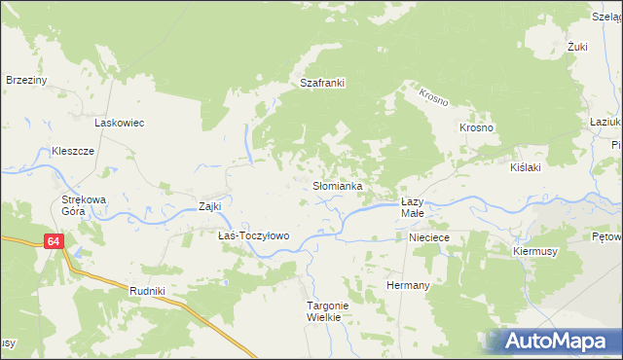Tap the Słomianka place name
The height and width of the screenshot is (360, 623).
(338, 185)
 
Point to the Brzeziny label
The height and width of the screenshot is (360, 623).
(27, 80)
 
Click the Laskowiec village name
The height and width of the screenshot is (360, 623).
(119, 124)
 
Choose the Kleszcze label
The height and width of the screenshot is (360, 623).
(72, 152)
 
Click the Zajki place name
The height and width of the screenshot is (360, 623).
(210, 206)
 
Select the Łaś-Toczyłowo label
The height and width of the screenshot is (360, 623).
(253, 236)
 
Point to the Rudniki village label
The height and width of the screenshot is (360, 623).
(148, 291)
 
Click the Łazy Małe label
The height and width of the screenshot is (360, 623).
(413, 206)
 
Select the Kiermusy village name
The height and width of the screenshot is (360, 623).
(533, 250)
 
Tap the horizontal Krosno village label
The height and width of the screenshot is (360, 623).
(478, 128)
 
